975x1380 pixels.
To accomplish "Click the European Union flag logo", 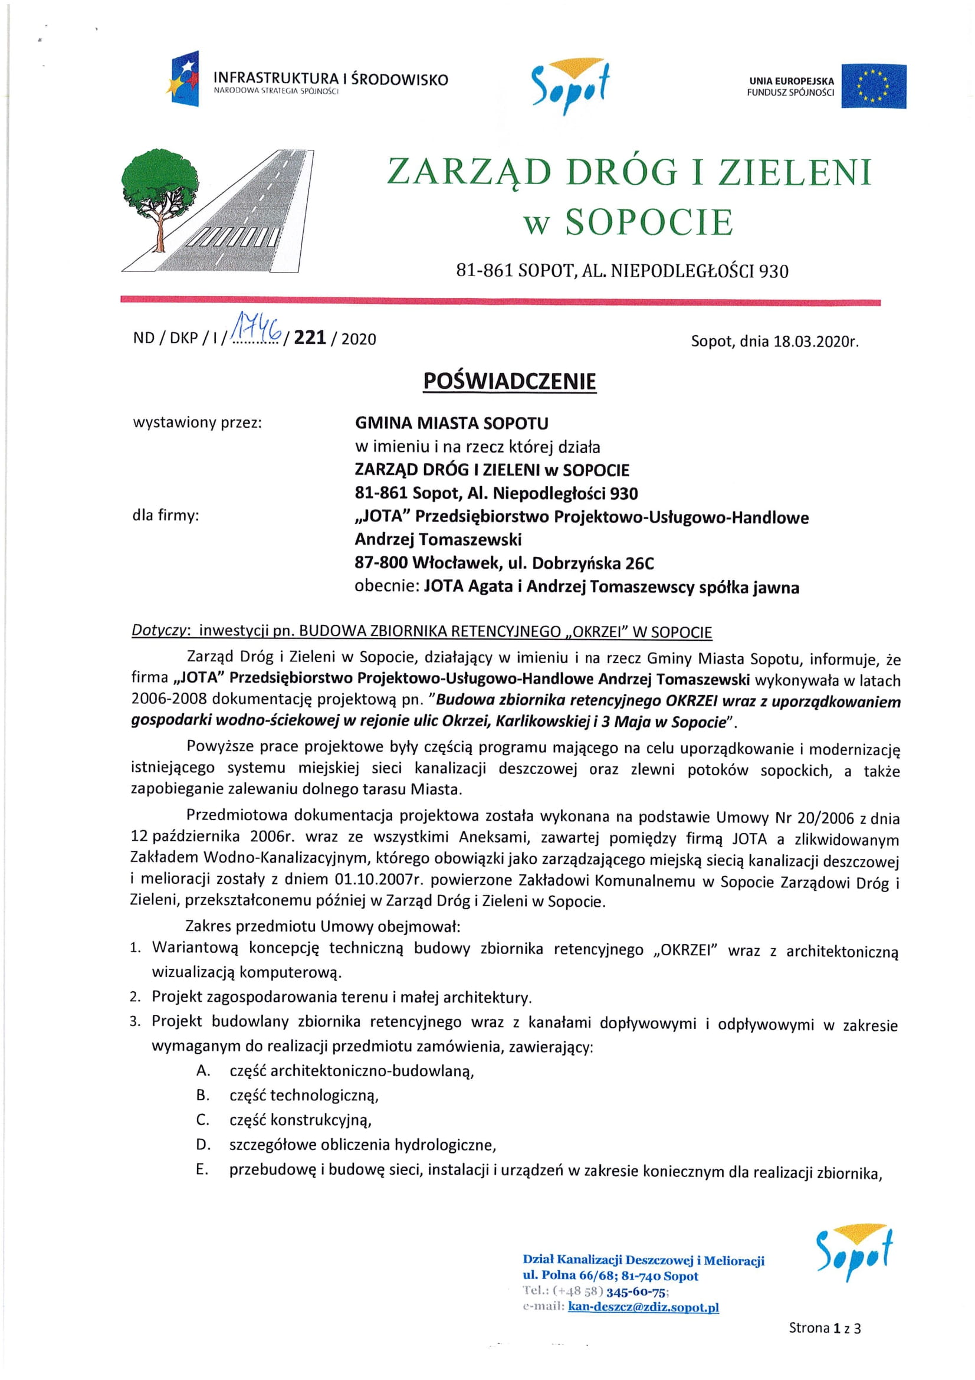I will point(873,86).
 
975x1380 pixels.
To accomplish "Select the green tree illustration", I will point(160,189).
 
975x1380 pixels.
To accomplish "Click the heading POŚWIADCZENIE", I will point(510,381).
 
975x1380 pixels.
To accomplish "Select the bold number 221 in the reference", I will point(310,339).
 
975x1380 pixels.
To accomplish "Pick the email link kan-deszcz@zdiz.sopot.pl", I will point(643,1307).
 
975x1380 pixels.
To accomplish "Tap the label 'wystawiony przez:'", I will point(197,422).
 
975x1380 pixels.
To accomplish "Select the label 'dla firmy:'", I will point(165,515).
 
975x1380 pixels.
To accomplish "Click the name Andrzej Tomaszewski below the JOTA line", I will point(438,539).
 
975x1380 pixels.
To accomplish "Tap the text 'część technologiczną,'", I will point(304,1095).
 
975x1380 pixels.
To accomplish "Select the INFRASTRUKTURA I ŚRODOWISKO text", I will point(330,78).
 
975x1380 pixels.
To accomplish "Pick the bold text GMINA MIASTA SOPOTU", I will point(451,423).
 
